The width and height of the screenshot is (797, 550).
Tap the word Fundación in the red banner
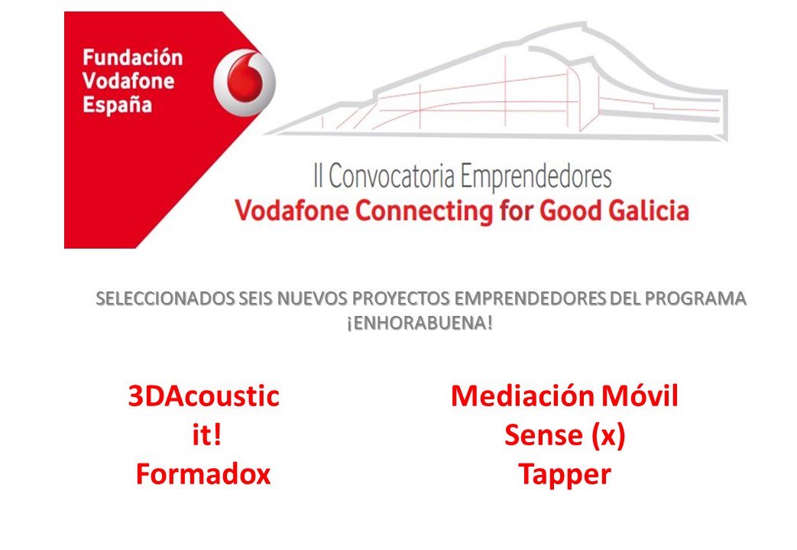(x=132, y=58)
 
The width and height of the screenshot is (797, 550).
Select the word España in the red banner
(x=117, y=103)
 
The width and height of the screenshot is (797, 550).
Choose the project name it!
(x=203, y=436)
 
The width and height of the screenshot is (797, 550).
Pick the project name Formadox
(x=203, y=475)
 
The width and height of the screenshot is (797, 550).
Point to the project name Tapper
(x=565, y=475)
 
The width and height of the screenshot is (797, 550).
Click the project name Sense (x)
(x=565, y=436)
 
